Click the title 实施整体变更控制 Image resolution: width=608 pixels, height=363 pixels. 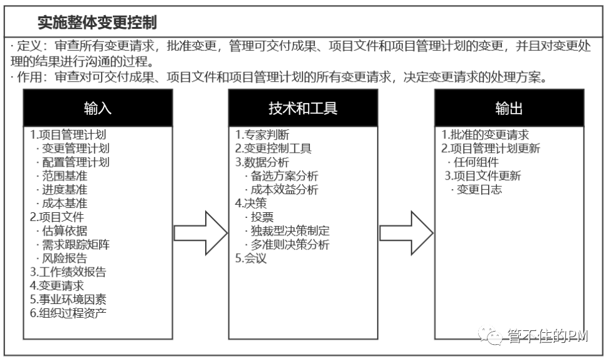point(97,23)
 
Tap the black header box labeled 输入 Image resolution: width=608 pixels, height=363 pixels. point(97,108)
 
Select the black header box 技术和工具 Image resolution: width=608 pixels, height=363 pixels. point(303,108)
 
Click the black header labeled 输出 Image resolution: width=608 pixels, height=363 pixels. point(509,108)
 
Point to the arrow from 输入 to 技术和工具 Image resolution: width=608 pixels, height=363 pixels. point(200,233)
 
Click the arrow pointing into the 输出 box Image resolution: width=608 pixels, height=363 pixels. point(406,233)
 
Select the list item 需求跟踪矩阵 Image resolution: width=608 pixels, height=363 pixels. point(76,244)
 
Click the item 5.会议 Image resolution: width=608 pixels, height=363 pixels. point(251,258)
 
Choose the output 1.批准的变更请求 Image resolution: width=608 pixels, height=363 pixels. point(485,135)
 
